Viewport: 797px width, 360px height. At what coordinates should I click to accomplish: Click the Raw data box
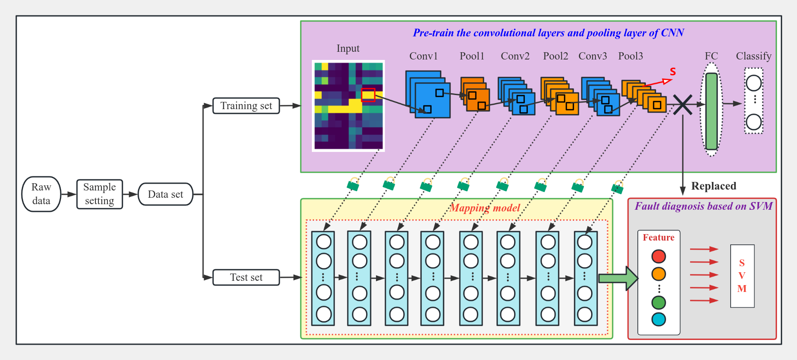pos(41,194)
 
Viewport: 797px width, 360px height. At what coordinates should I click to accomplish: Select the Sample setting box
pos(100,194)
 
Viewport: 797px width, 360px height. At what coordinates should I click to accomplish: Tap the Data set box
pos(166,194)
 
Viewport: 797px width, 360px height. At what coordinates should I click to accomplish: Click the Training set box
pos(246,106)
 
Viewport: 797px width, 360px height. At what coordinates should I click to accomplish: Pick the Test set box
pos(246,277)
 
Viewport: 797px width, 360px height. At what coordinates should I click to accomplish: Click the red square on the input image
pos(368,95)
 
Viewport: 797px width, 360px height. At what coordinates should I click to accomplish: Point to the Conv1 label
pos(423,56)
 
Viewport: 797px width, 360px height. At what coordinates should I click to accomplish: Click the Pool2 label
pos(555,56)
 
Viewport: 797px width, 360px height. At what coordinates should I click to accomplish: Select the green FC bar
pos(711,111)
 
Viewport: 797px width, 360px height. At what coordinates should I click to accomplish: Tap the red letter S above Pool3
pos(673,71)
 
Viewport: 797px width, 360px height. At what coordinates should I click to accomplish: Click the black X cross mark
pos(682,104)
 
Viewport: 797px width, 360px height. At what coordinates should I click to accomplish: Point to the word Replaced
pos(714,186)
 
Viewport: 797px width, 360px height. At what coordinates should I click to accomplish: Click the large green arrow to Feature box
pos(618,278)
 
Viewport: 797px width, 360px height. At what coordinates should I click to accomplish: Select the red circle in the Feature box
pos(658,256)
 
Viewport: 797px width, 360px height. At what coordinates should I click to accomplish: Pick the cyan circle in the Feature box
pos(658,319)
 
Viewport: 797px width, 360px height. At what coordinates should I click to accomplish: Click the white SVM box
pos(742,276)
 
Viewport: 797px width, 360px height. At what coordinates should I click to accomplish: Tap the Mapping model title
pos(485,208)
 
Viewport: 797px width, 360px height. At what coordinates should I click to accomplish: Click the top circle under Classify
pos(753,83)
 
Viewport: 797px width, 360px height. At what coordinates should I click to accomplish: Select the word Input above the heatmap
pos(348,48)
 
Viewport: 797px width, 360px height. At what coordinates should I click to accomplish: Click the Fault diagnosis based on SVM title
pos(703,206)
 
